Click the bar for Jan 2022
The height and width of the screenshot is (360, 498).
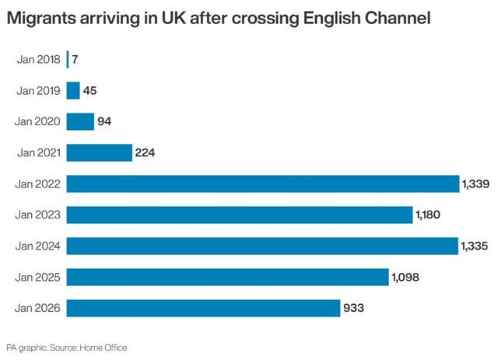(x=263, y=183)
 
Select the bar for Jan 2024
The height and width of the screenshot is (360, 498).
(x=262, y=246)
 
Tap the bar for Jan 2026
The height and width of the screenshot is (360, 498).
(x=203, y=308)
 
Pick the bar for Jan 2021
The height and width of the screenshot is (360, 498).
(x=100, y=152)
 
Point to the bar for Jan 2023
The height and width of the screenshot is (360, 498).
(x=239, y=215)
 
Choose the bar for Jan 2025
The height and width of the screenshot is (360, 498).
(x=227, y=277)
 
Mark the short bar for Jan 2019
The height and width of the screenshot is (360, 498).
(x=73, y=90)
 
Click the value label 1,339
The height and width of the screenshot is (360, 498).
(x=476, y=183)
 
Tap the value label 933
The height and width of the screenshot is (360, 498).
(x=354, y=309)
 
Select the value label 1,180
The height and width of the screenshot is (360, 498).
(x=429, y=215)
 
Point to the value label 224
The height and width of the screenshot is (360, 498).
(x=146, y=152)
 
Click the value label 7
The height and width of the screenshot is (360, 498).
(x=75, y=59)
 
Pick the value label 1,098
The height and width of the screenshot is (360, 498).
(x=406, y=277)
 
